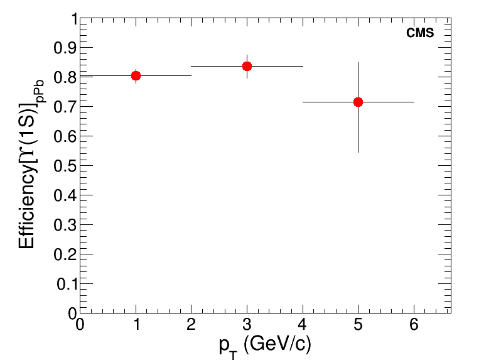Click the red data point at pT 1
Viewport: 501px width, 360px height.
tap(136, 75)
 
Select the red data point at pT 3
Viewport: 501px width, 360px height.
tap(247, 66)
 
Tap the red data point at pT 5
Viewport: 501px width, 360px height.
tap(358, 102)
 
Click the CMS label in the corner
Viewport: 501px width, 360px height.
tap(420, 34)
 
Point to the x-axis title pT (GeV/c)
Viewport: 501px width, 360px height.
tap(266, 344)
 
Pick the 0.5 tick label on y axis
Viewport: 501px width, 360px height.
tap(67, 166)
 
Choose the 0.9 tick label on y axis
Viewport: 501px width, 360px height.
tap(67, 48)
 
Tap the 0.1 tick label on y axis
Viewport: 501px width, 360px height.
tap(67, 284)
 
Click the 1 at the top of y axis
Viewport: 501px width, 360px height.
tap(73, 19)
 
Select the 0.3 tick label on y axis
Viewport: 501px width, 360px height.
tap(67, 225)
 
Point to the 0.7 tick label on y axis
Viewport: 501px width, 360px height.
tap(67, 107)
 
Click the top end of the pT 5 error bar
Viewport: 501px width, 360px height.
tap(358, 62)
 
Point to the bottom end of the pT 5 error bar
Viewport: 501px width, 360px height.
tap(358, 153)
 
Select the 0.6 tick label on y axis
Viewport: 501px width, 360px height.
tap(67, 136)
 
